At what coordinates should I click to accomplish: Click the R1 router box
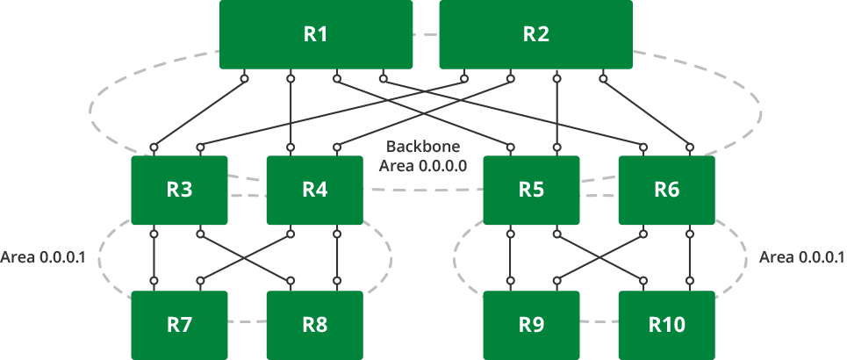(315, 34)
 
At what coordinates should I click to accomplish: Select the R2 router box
(535, 34)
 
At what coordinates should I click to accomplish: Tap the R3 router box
(179, 189)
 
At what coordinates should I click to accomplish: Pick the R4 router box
(314, 189)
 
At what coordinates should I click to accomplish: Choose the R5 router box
(532, 189)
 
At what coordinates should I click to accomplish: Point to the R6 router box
(666, 189)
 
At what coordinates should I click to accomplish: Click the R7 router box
(179, 324)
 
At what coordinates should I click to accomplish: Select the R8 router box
(314, 324)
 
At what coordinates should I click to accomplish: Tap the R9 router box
(532, 324)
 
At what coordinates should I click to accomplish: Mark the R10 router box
(666, 324)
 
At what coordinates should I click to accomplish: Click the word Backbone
(423, 147)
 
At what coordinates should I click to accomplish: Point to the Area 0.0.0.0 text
(423, 164)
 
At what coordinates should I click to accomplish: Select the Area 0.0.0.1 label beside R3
(42, 257)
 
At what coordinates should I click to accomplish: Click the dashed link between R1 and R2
(426, 35)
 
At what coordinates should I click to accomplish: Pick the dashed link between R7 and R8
(247, 323)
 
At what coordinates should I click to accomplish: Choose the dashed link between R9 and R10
(599, 323)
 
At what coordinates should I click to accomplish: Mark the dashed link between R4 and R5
(423, 190)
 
